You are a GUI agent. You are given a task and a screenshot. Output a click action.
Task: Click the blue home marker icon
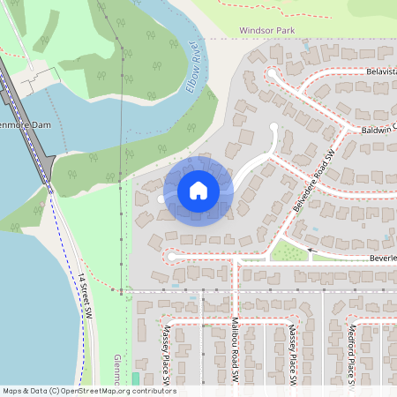coord(198,191)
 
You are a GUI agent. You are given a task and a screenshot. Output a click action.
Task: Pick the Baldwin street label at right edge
coord(378,129)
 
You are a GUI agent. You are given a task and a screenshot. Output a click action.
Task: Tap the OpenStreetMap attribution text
coord(89,391)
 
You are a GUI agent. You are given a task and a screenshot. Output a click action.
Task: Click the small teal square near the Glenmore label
coord(135,378)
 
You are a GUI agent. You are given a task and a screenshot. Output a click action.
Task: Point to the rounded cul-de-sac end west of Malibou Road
coord(169,257)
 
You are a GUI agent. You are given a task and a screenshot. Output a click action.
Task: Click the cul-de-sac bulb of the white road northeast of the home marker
coord(273,130)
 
